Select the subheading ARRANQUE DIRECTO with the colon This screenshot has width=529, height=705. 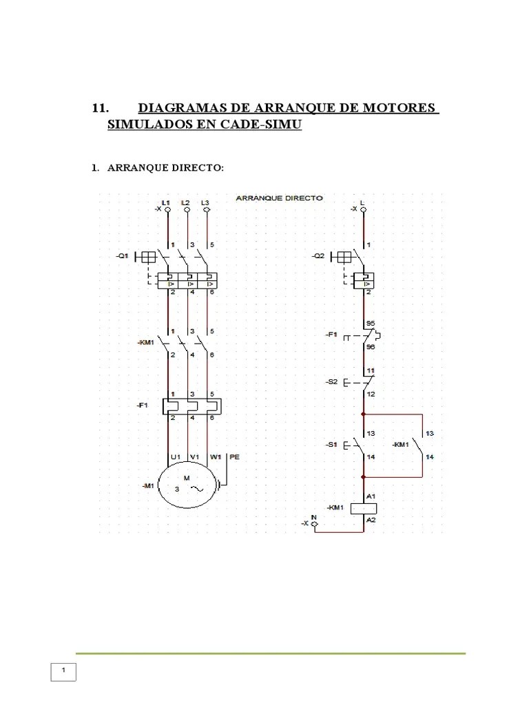click(x=165, y=169)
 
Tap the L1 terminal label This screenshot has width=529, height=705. click(x=167, y=202)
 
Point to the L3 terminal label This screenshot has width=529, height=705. click(x=205, y=202)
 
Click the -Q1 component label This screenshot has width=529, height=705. click(x=123, y=256)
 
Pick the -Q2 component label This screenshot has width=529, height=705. click(x=318, y=256)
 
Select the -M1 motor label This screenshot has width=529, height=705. click(x=147, y=486)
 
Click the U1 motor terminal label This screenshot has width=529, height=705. click(x=175, y=456)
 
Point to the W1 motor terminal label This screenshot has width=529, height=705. click(x=216, y=456)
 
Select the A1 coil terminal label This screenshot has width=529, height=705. click(x=371, y=496)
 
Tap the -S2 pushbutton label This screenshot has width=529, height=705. click(x=332, y=381)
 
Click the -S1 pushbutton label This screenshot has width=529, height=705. click(x=332, y=445)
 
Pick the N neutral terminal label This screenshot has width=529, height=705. click(x=314, y=516)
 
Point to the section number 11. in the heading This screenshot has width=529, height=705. click(x=101, y=109)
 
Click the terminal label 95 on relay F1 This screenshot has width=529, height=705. click(x=371, y=323)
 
